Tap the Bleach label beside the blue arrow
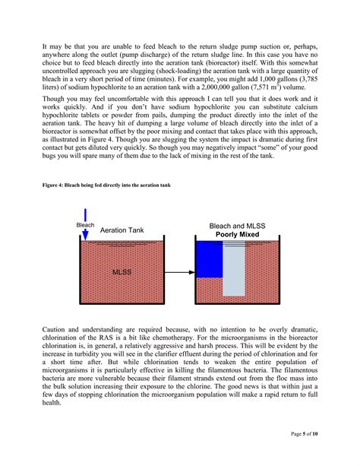(85, 224)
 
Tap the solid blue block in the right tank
(208, 258)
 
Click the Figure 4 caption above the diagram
(106, 185)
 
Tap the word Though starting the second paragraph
(54, 99)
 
